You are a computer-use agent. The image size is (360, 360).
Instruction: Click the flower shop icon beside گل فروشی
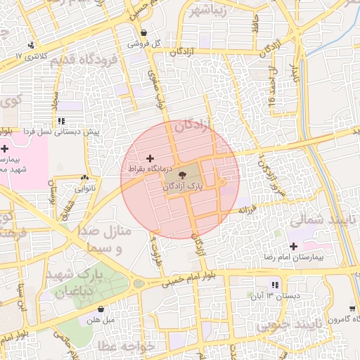pos(144,32)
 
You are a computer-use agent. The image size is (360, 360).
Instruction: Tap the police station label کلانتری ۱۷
pos(34,55)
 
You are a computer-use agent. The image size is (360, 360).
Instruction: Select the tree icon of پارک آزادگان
pos(183,175)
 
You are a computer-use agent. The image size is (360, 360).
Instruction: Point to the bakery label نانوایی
pos(85,188)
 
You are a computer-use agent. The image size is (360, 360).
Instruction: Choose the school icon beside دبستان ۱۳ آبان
pos(275,285)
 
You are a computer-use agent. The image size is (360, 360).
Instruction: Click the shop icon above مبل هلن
pos(102,309)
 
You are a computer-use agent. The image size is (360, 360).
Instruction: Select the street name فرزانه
pos(249,208)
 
